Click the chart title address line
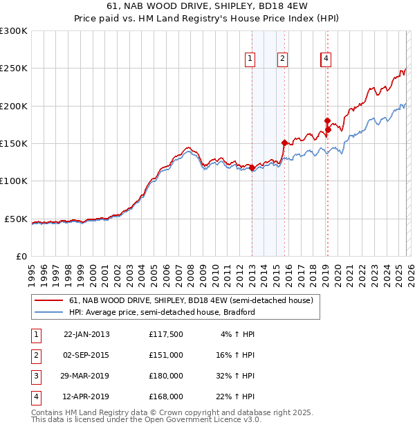pos(207,6)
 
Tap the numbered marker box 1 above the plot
pos(250,60)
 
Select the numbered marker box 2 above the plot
pos(283,60)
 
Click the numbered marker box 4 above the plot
pos(326,60)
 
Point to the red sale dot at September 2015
pos(284,143)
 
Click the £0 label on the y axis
pos(20,256)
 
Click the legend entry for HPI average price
pos(162,312)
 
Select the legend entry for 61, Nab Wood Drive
pos(191,300)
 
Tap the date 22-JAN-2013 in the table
pos(86,334)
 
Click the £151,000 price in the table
pos(166,355)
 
